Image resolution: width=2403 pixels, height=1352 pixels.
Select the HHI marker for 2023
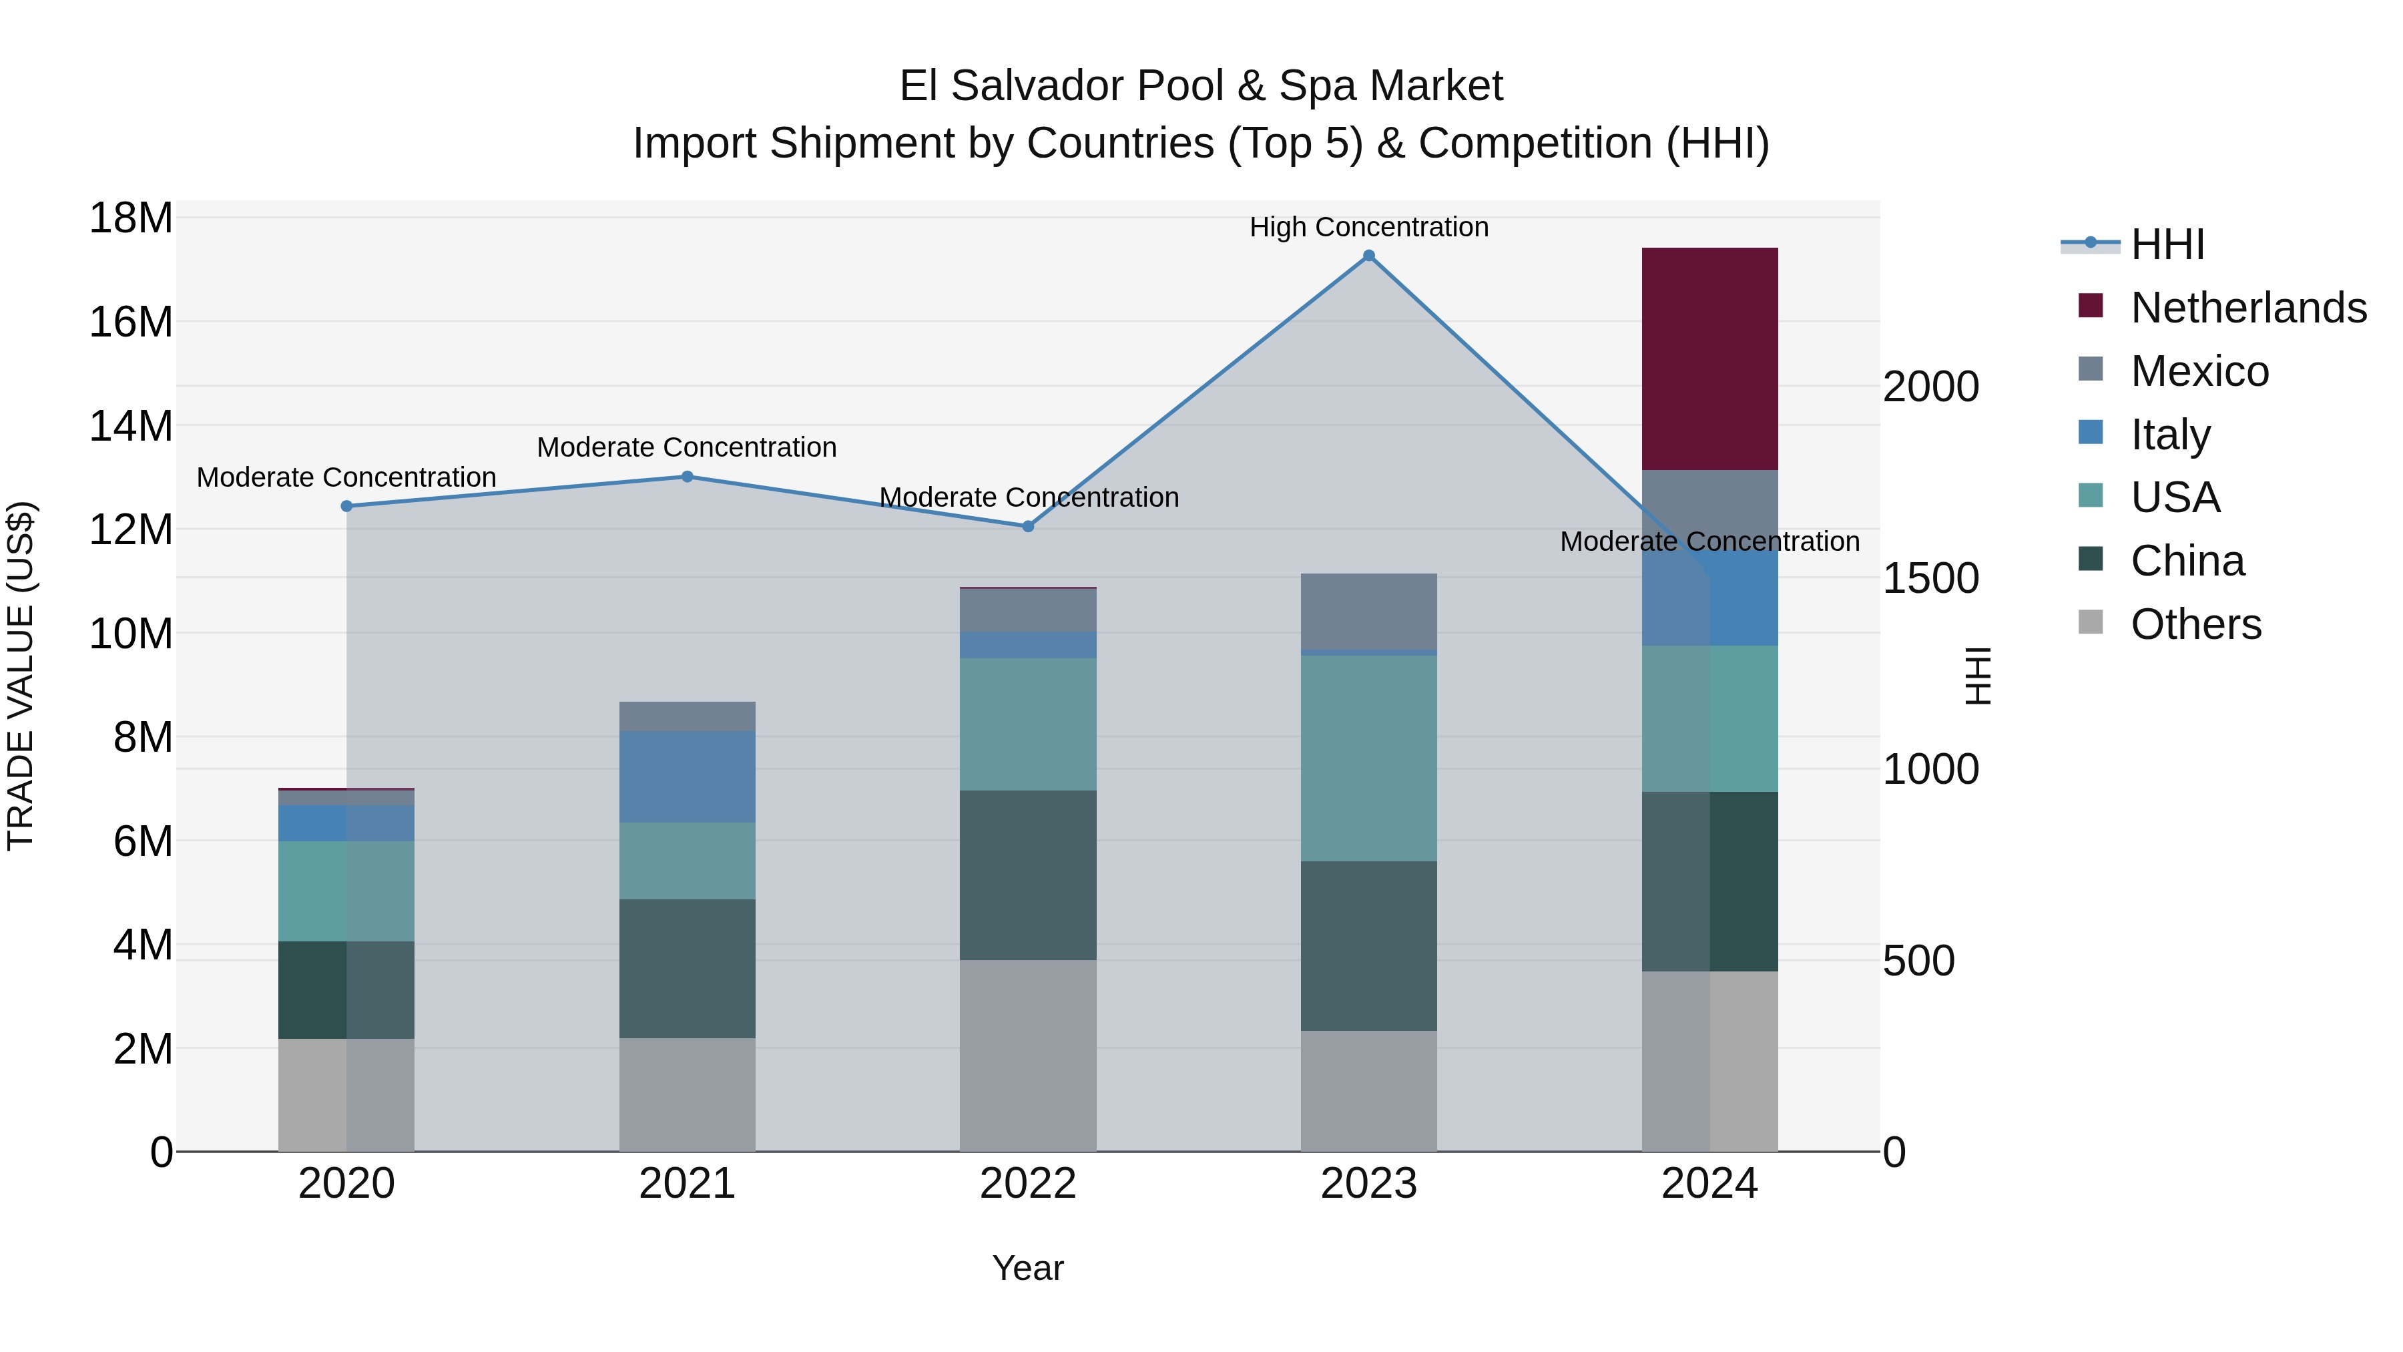coord(1368,256)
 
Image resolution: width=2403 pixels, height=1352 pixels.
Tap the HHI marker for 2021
coord(687,477)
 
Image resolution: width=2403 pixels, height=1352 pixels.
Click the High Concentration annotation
coord(1368,228)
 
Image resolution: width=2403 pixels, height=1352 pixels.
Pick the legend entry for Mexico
coord(2199,371)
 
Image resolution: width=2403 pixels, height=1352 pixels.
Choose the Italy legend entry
coord(2170,435)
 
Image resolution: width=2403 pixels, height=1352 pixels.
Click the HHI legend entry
coord(2167,244)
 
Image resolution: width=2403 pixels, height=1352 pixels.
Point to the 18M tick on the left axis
coord(131,218)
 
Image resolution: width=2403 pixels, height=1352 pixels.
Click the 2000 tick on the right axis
coord(1930,387)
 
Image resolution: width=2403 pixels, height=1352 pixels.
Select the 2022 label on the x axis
coord(1027,1184)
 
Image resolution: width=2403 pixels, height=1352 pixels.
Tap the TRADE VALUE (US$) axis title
coord(21,676)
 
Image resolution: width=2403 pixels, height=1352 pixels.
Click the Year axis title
coord(1027,1268)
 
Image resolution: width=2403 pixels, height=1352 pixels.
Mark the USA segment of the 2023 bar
coord(1368,758)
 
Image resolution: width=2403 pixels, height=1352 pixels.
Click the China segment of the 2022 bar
coord(1027,875)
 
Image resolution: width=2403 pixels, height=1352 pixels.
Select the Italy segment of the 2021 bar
coord(687,776)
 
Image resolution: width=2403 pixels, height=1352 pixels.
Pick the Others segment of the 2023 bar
coord(1368,1091)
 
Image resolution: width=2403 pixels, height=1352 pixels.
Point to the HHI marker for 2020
coord(346,507)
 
